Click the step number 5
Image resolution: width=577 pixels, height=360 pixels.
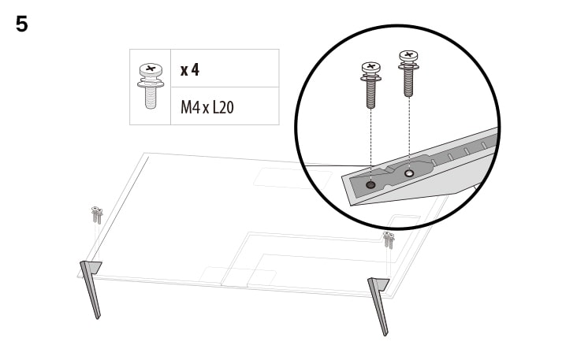(x=22, y=24)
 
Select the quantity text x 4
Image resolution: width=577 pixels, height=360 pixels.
(x=190, y=69)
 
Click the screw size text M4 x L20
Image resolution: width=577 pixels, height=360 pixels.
(x=207, y=106)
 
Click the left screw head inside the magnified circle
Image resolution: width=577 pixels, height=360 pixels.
(x=370, y=68)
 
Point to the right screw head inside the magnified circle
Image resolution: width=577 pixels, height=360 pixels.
(x=408, y=56)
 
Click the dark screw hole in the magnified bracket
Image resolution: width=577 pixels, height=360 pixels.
(x=371, y=184)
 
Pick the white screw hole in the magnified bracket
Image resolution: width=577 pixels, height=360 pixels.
(x=408, y=173)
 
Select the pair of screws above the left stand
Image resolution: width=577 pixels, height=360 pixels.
(x=96, y=213)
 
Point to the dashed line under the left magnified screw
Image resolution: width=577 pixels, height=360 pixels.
(x=370, y=142)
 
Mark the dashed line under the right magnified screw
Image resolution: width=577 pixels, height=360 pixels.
(x=408, y=130)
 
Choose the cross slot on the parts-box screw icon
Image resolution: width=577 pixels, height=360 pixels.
(x=150, y=69)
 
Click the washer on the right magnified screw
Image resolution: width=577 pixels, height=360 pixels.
(x=408, y=65)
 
